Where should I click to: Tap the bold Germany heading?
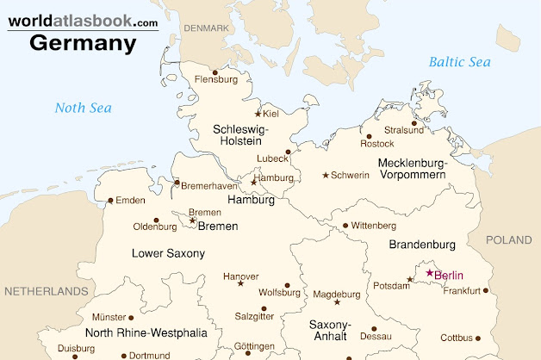[x=84, y=42]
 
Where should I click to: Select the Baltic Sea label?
[x=459, y=62]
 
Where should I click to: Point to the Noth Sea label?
[x=84, y=108]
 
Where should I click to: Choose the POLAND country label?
[x=508, y=240]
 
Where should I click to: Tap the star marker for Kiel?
[x=258, y=114]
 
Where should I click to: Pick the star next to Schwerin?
[x=326, y=176]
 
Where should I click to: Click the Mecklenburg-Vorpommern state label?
[x=412, y=169]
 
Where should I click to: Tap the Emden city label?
[x=130, y=201]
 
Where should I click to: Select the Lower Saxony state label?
[x=168, y=253]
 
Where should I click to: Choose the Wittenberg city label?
[x=374, y=226]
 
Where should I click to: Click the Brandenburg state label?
[x=421, y=245]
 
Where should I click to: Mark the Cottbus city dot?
[x=480, y=338]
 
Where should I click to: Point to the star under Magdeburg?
[x=337, y=302]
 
